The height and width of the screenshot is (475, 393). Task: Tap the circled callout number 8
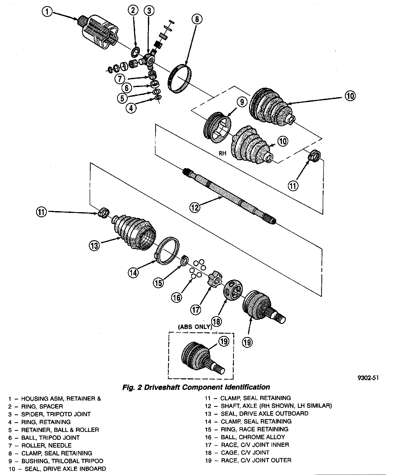197,19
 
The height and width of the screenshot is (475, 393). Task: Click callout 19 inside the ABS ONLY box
224,341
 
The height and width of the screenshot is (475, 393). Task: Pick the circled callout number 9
242,102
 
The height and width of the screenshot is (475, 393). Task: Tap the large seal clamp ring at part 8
180,78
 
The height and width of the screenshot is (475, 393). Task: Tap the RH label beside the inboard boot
223,153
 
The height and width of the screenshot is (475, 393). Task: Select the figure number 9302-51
368,378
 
